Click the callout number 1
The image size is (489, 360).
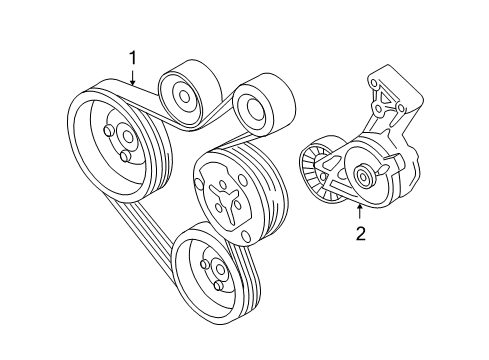pos(133,58)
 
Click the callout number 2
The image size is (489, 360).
pos(360,233)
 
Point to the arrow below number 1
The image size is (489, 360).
pos(133,77)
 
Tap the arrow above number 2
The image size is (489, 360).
pos(360,213)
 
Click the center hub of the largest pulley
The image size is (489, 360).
pos(127,136)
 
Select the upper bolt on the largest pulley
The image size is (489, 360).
pos(108,131)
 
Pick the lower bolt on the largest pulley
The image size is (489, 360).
pos(125,156)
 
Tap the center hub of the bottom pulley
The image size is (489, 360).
pos(220,269)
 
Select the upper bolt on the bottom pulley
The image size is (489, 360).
pos(205,264)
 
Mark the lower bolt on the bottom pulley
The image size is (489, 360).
pos(218,285)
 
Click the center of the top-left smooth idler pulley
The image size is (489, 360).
pos(184,96)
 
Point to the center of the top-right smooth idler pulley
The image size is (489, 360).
pos(254,109)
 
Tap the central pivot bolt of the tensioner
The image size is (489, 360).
pos(361,175)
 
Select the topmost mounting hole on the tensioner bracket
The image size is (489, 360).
pos(373,82)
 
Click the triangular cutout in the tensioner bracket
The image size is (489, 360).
pos(385,98)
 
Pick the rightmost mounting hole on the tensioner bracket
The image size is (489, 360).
pos(401,108)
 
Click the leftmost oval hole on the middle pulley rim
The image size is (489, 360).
pos(198,184)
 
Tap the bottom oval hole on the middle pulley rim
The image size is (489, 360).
pos(245,235)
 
